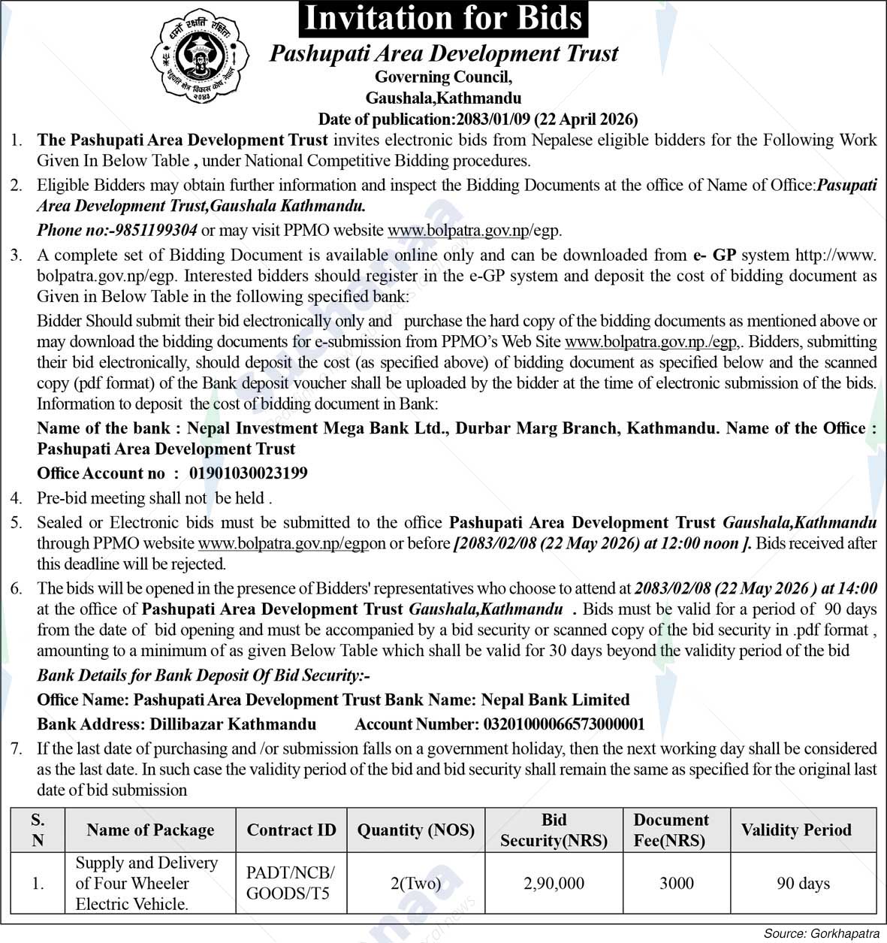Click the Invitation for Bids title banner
pos(443,19)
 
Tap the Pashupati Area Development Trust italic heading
pos(443,54)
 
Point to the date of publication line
pos(478,119)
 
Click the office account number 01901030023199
pos(248,473)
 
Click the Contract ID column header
pos(291,830)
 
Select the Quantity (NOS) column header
pos(415,830)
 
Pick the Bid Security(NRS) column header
pos(554,830)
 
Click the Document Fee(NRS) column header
pos(671,830)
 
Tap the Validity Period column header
pos(796,830)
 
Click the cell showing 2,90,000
pos(554,884)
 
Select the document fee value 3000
pos(676,884)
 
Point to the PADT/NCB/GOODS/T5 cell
pos(291,883)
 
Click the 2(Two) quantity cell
pos(415,884)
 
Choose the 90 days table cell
pos(803,884)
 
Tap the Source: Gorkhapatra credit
pos(822,934)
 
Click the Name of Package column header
pos(150,830)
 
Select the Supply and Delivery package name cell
pos(146,884)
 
